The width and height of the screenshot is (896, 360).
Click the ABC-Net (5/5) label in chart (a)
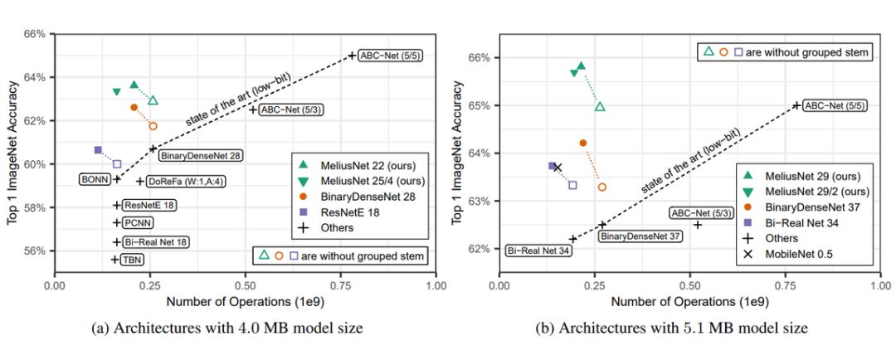click(389, 56)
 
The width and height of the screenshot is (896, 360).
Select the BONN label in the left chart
click(94, 179)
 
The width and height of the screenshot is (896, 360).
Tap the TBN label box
click(133, 260)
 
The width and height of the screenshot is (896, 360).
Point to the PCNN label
click(138, 222)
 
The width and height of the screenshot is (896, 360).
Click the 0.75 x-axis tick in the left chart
click(340, 285)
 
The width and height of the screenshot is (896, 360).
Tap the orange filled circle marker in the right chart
click(582, 144)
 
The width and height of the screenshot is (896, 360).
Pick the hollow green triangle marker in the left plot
click(153, 100)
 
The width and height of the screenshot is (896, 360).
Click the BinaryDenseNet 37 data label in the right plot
click(640, 236)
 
